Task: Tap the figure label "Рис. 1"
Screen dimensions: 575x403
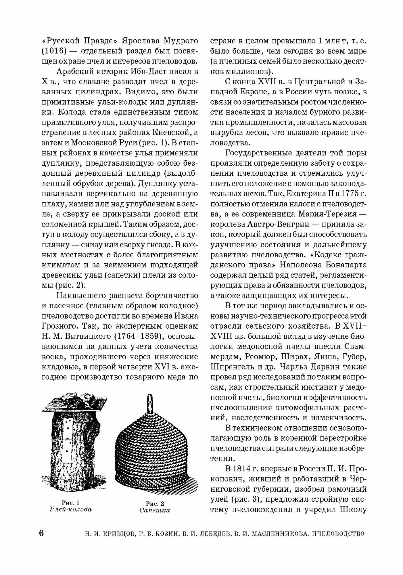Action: pyautogui.click(x=71, y=503)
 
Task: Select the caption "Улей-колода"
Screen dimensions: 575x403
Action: pyautogui.click(x=71, y=510)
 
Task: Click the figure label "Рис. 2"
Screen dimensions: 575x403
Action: pyautogui.click(x=155, y=503)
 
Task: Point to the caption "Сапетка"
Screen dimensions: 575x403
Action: pyautogui.click(x=155, y=511)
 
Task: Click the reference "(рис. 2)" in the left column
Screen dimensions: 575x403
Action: pyautogui.click(x=70, y=285)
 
